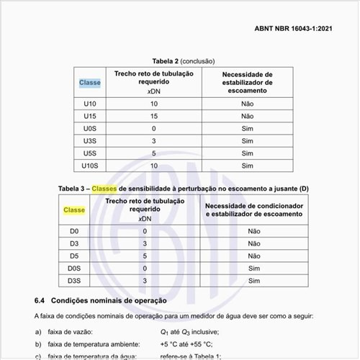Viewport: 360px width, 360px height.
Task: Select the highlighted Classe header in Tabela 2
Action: pyautogui.click(x=90, y=82)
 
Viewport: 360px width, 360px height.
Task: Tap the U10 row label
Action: pyautogui.click(x=90, y=104)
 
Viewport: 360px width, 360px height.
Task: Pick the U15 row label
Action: pyautogui.click(x=90, y=116)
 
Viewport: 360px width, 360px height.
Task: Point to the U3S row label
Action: pyautogui.click(x=90, y=141)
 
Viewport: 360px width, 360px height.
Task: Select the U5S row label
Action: pyautogui.click(x=90, y=153)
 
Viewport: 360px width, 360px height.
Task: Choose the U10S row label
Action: pyautogui.click(x=90, y=166)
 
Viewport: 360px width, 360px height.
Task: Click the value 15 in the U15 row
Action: pyautogui.click(x=153, y=116)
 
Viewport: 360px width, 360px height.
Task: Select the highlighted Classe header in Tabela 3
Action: pyautogui.click(x=74, y=210)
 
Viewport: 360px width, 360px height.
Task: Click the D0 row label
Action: pyautogui.click(x=74, y=231)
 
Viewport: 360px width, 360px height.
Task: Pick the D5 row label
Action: pyautogui.click(x=74, y=256)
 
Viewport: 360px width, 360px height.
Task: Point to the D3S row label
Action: pyautogui.click(x=74, y=280)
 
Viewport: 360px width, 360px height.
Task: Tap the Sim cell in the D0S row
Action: pyautogui.click(x=253, y=268)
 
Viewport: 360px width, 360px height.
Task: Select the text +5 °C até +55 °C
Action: pyautogui.click(x=189, y=345)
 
